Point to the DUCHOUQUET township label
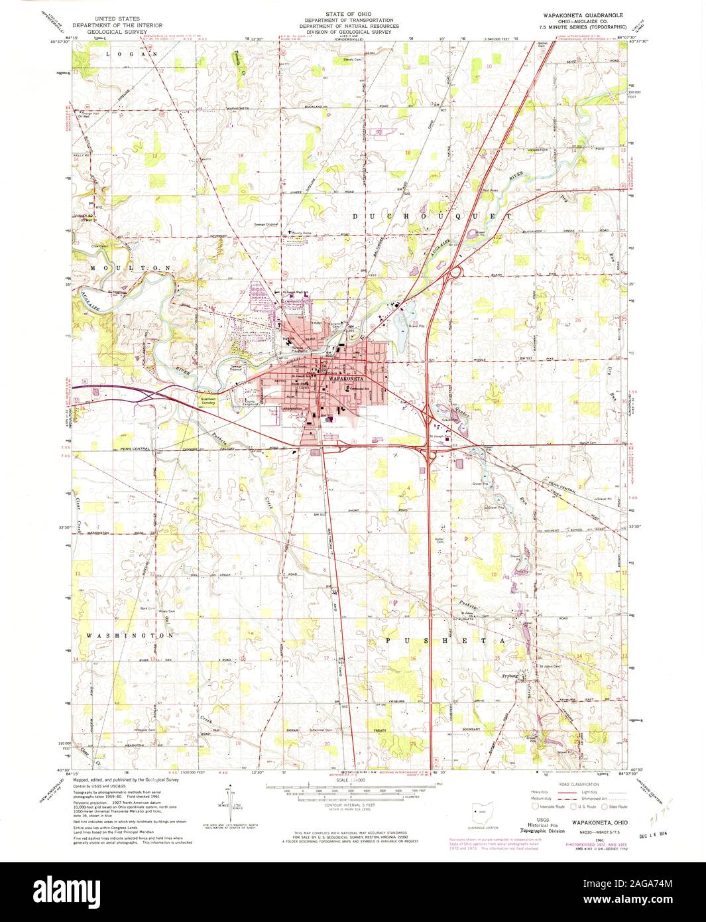pyautogui.click(x=432, y=216)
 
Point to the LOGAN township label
pyautogui.click(x=124, y=53)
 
